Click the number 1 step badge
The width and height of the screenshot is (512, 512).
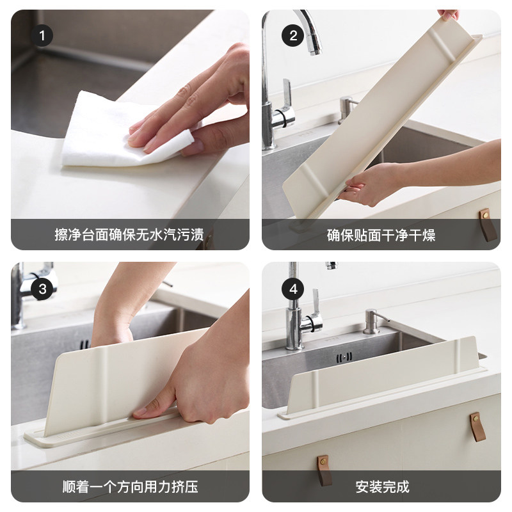[42, 36]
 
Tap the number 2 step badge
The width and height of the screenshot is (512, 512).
[293, 36]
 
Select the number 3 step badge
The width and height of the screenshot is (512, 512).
[42, 289]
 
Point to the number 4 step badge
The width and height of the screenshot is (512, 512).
[293, 289]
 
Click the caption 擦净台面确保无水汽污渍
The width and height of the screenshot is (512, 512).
[130, 235]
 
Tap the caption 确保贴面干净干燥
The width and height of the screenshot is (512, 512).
[381, 235]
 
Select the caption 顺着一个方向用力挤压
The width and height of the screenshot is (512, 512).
[130, 486]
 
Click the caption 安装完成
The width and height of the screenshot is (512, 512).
[381, 486]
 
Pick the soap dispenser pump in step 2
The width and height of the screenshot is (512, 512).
[346, 109]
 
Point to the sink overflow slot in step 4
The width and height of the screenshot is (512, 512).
[346, 356]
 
